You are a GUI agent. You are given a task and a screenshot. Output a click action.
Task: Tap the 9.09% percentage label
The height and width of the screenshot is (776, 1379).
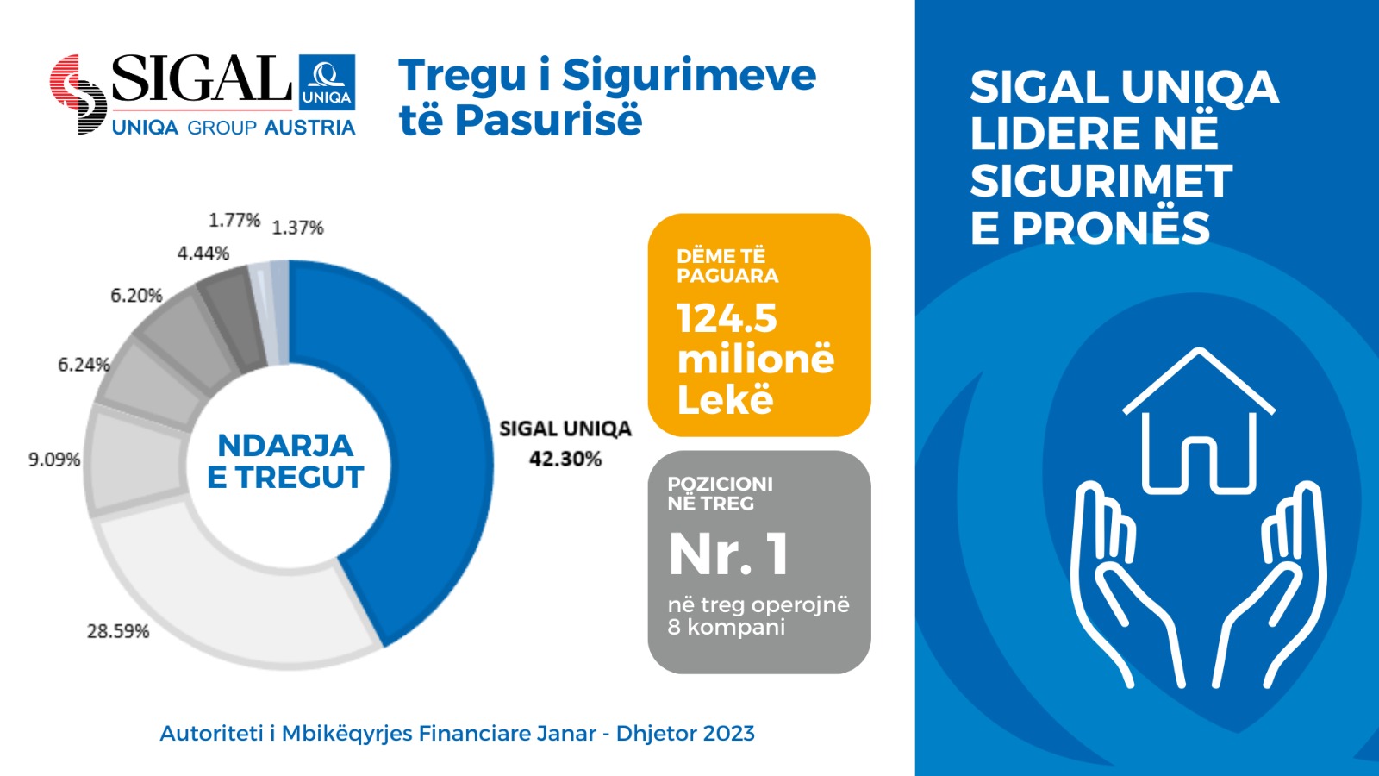pyautogui.click(x=54, y=460)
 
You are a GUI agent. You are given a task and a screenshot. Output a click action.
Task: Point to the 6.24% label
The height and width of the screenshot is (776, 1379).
pyautogui.click(x=84, y=365)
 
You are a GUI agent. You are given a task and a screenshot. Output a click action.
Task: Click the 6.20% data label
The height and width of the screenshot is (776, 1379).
pyautogui.click(x=136, y=296)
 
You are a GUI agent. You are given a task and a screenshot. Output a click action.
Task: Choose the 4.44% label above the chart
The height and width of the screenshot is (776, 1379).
pyautogui.click(x=203, y=253)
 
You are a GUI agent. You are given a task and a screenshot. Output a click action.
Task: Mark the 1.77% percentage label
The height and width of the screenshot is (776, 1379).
pyautogui.click(x=234, y=221)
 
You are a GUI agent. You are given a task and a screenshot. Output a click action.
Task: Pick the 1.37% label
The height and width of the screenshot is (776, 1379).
pyautogui.click(x=298, y=228)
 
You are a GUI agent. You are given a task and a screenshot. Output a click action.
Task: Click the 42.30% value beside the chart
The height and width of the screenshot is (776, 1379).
pyautogui.click(x=565, y=459)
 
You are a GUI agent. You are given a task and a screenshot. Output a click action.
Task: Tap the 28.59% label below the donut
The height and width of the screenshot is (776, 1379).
pyautogui.click(x=118, y=631)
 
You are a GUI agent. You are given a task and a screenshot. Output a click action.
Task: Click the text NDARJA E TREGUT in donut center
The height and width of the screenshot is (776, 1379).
pyautogui.click(x=285, y=461)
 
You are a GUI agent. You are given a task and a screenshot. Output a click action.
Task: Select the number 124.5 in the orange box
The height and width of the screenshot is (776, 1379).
pyautogui.click(x=727, y=318)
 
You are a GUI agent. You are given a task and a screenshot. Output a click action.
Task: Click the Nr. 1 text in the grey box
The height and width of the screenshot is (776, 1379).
pyautogui.click(x=728, y=554)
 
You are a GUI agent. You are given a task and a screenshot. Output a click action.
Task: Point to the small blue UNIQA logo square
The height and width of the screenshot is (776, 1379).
pyautogui.click(x=327, y=82)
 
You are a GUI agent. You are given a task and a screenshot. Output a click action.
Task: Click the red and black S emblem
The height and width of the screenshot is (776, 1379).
pyautogui.click(x=78, y=94)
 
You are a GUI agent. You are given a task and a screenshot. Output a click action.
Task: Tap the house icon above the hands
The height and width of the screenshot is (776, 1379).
pyautogui.click(x=1198, y=422)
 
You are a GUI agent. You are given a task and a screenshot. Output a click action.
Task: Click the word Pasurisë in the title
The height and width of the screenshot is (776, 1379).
pyautogui.click(x=548, y=120)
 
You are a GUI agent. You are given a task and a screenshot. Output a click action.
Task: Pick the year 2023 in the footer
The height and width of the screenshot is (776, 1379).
pyautogui.click(x=728, y=734)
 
